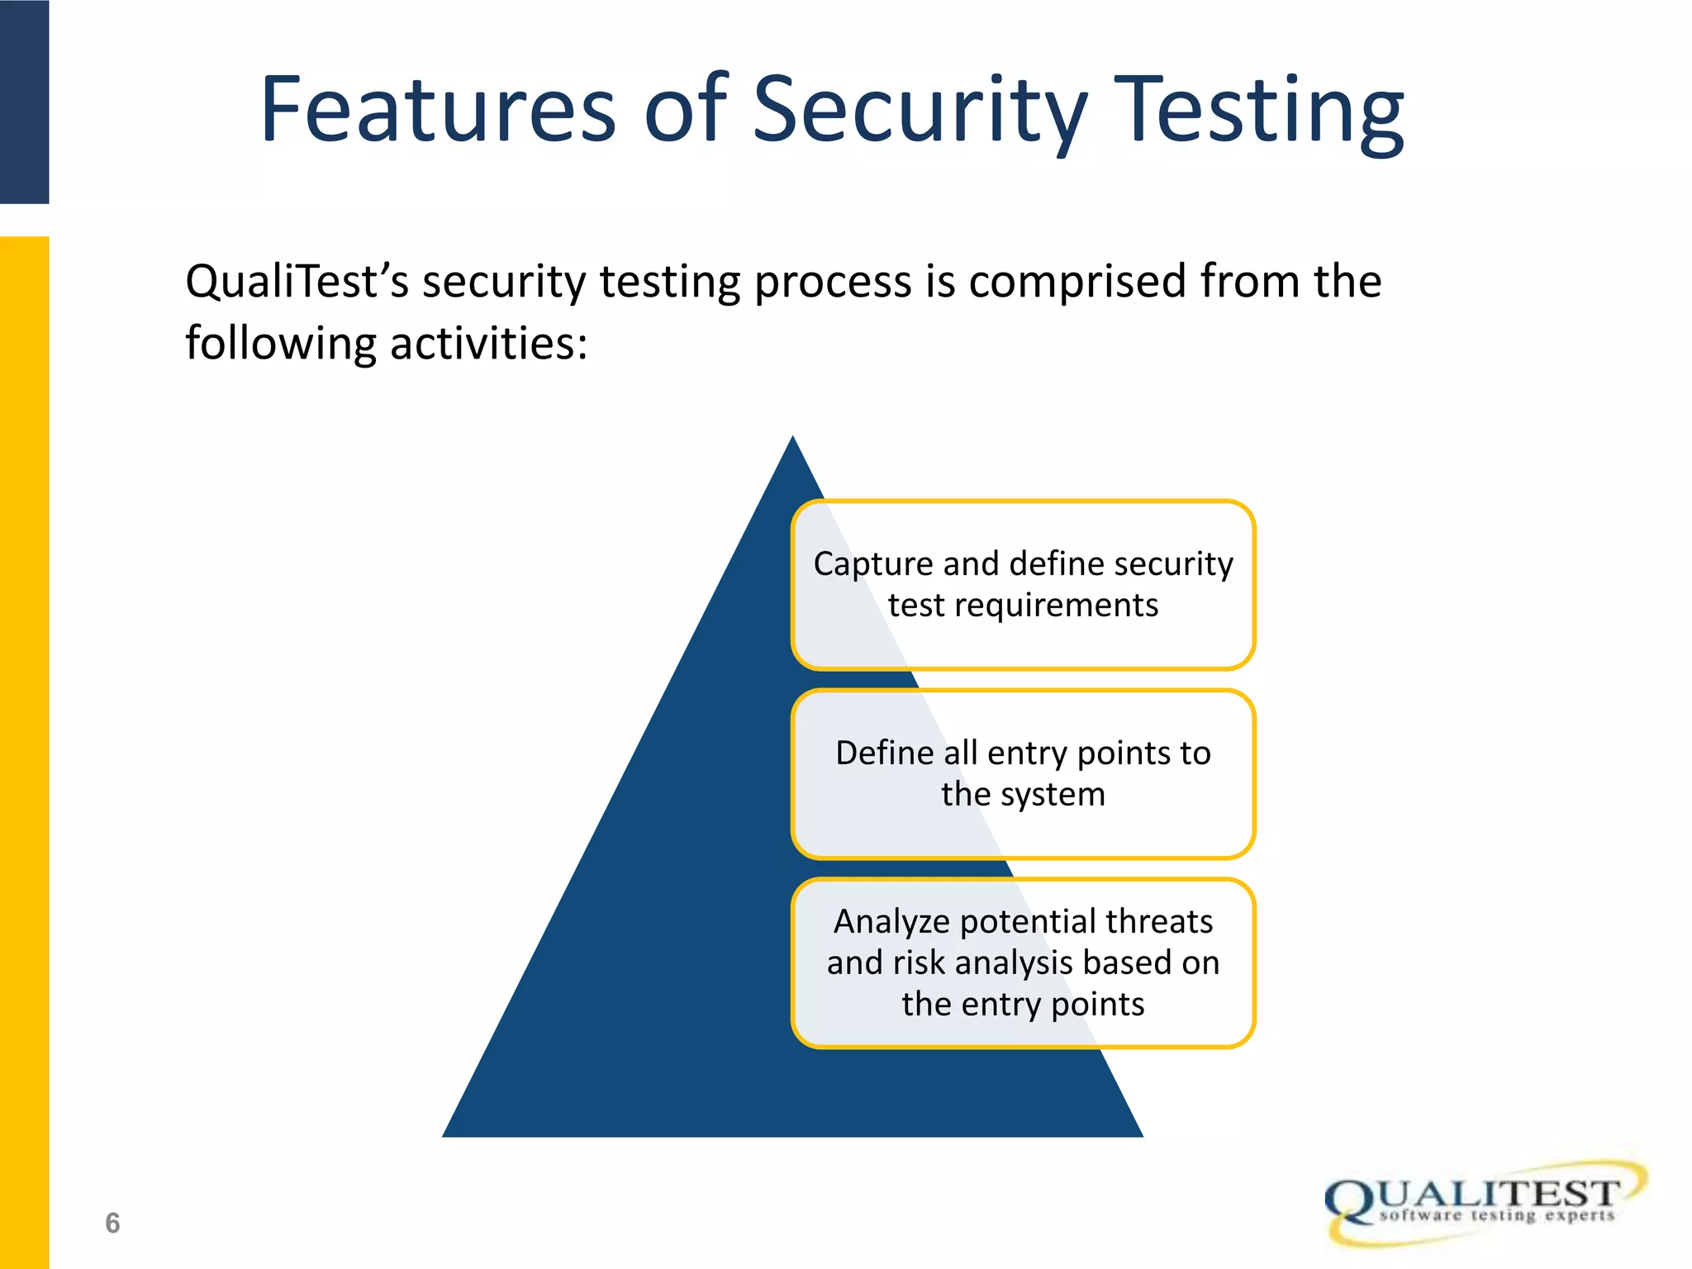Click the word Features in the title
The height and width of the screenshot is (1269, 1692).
[438, 110]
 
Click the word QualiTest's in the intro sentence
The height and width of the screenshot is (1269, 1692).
[297, 281]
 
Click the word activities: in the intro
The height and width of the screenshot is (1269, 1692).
[488, 343]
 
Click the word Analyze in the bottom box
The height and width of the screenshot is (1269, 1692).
[891, 921]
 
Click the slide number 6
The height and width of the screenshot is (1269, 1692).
[112, 1223]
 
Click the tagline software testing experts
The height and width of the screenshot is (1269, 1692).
[1496, 1215]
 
